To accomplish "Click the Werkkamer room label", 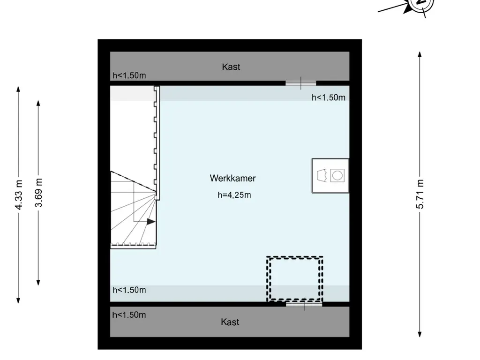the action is pos(232,178).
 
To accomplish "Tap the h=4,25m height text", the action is pos(234,195).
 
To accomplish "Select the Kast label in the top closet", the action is pos(231,67).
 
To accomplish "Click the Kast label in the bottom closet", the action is pos(230,322).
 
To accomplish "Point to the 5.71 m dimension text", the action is pos(420,194).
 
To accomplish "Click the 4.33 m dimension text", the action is pos(19,195).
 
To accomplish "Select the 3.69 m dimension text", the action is pos(38,193).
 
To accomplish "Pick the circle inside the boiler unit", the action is pos(337,176).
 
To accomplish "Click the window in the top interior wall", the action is pos(300,83).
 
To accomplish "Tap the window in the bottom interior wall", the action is pos(304,304).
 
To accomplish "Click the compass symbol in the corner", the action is pos(422,3).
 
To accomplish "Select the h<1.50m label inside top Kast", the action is pos(129,75).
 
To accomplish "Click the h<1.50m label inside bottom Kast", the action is pos(129,315).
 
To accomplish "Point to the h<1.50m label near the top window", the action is pos(329,97).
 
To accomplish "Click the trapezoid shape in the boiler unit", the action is pos(322,176).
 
